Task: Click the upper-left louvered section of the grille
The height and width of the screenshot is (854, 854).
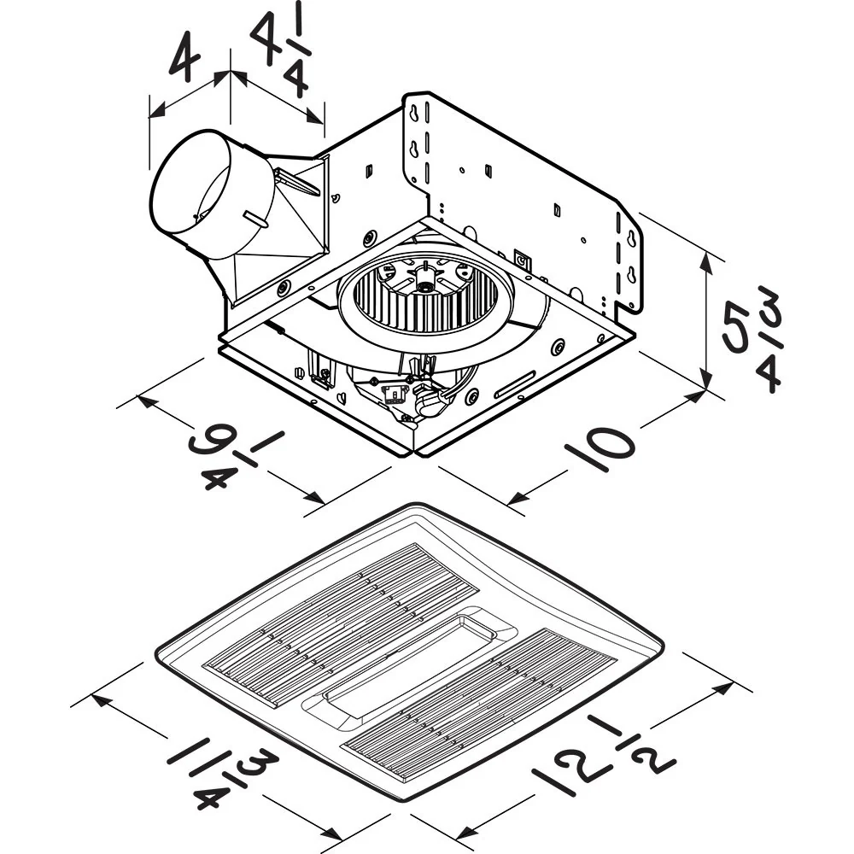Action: (x=342, y=623)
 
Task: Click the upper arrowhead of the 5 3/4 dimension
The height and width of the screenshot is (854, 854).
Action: (x=706, y=254)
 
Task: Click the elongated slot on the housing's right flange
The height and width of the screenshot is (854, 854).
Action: (x=514, y=386)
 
